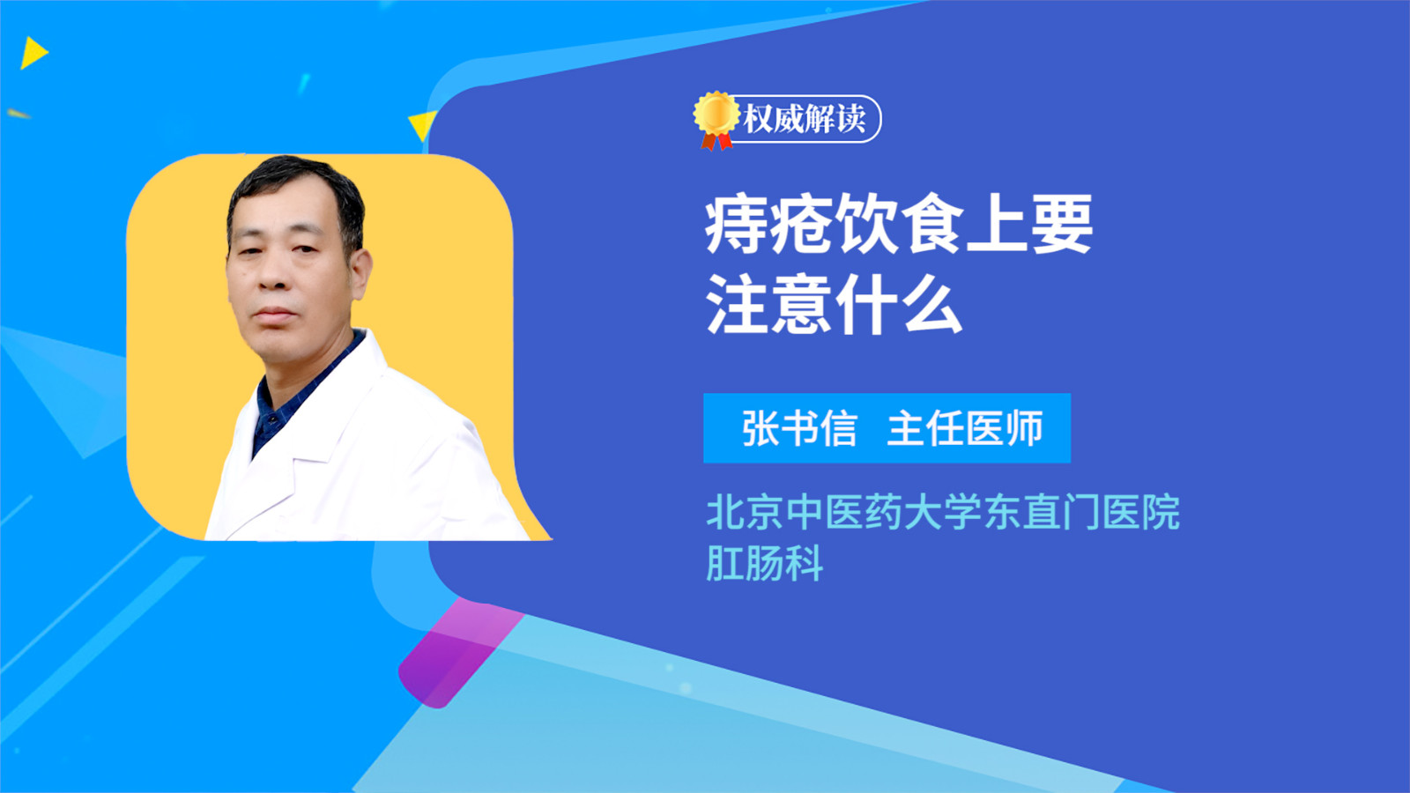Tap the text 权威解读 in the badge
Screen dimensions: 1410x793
[805, 118]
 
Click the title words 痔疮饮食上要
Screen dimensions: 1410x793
[898, 225]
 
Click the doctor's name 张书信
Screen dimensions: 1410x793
[799, 428]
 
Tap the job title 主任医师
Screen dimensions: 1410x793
[965, 428]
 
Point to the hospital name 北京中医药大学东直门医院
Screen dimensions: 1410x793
[943, 512]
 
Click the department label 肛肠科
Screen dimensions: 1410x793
[764, 563]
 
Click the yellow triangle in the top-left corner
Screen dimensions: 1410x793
[33, 53]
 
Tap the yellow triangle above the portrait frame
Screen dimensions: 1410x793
[423, 124]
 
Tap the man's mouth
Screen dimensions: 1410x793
[274, 314]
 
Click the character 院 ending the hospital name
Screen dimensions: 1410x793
[1161, 512]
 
